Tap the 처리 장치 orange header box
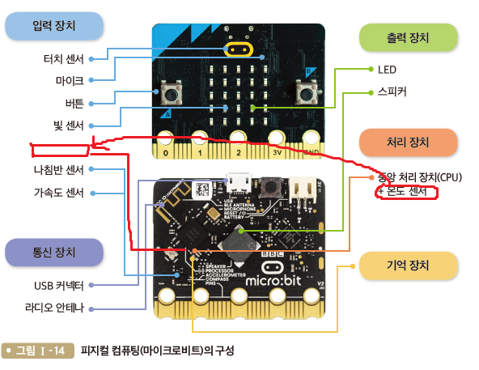point(408,142)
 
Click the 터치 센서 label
point(63,58)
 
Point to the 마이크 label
point(70,80)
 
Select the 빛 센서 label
point(68,125)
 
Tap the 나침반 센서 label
point(59,169)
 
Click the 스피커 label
point(392,91)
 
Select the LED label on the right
point(387,70)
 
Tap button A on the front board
point(172,95)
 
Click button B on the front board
point(307,95)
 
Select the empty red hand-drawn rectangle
point(59,149)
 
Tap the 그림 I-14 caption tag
point(37,351)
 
